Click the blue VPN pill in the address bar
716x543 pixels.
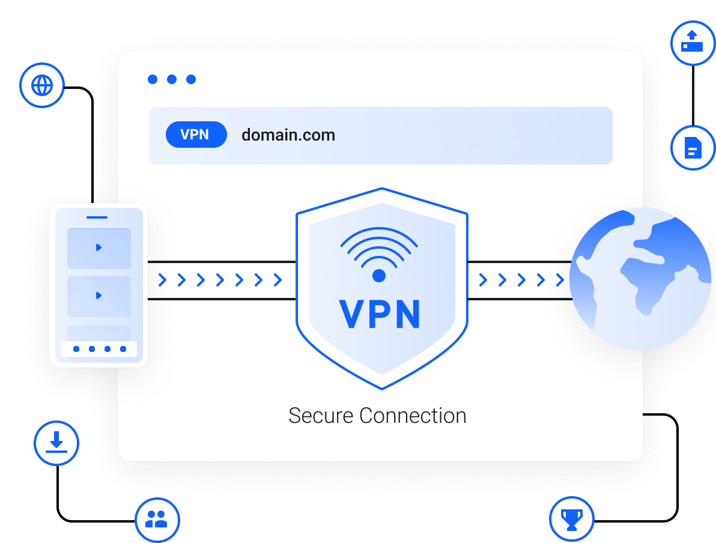click(196, 135)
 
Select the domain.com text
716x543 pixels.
click(288, 135)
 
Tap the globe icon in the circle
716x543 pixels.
click(42, 85)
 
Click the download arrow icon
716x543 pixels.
click(56, 442)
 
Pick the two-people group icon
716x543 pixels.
click(156, 519)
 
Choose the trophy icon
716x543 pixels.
click(572, 520)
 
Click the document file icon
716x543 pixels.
click(693, 148)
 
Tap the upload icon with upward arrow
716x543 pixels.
click(692, 41)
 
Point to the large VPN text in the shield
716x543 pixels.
click(380, 314)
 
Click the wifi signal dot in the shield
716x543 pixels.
click(379, 276)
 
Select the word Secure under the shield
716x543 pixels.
click(321, 416)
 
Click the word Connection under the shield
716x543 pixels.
click(413, 416)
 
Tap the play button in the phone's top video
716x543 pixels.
click(99, 247)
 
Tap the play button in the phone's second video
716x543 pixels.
click(99, 296)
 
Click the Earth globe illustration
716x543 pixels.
click(640, 279)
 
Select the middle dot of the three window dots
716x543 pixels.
click(172, 79)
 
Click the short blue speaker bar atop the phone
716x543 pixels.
click(97, 217)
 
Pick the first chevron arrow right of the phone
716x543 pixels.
click(162, 280)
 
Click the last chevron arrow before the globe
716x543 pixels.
click(560, 280)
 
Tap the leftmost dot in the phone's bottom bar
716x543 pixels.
click(76, 349)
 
